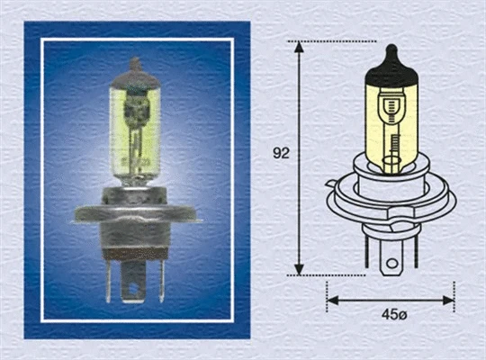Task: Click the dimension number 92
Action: pos(281,153)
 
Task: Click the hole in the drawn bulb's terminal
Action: pos(391,265)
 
